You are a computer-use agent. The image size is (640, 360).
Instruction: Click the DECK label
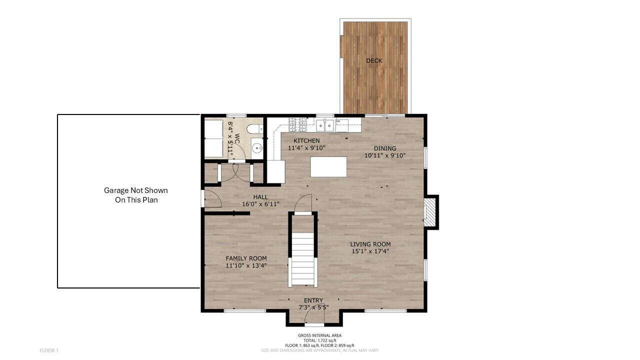point(374,61)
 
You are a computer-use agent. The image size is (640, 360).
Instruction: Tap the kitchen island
point(328,166)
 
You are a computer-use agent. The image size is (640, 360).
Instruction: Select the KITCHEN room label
point(306,141)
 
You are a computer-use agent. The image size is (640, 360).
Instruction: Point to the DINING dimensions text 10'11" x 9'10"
point(384,155)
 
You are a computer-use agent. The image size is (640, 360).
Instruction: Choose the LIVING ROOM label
point(370,244)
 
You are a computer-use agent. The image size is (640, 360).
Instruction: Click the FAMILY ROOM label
point(246,258)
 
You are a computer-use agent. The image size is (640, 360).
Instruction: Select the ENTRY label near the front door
point(313,300)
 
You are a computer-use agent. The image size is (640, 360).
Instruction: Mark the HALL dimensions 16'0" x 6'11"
point(260,204)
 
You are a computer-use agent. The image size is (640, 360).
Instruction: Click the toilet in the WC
point(255,129)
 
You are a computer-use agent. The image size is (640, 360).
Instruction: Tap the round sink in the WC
point(257,148)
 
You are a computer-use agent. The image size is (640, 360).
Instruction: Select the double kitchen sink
point(325,125)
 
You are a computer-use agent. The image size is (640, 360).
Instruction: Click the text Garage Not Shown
point(136,190)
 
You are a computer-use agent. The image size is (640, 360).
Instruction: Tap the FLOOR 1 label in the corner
point(49,350)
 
